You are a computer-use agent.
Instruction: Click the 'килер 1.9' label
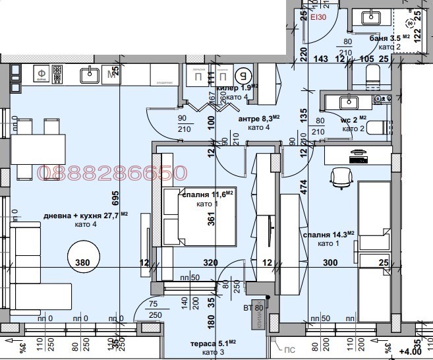[236, 88]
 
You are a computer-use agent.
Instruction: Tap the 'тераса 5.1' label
[210, 343]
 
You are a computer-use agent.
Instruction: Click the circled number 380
[82, 262]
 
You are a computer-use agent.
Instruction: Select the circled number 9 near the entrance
[244, 74]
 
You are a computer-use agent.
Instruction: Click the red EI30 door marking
[318, 16]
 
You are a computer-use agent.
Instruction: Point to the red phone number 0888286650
[113, 173]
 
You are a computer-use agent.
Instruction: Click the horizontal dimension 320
[210, 262]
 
